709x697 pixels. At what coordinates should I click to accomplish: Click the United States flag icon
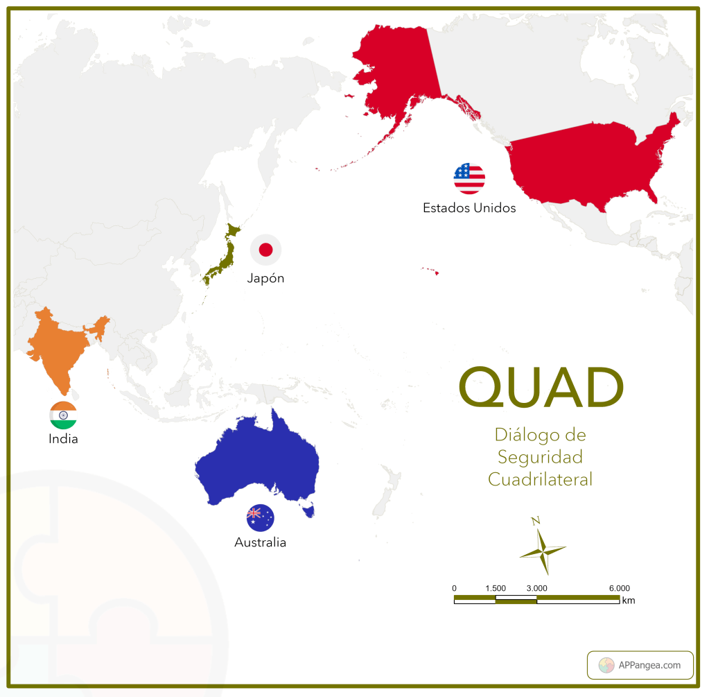(469, 179)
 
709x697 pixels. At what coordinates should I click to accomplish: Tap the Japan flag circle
(265, 250)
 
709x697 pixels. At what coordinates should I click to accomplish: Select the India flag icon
(63, 415)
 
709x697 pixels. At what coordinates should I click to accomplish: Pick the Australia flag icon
(260, 517)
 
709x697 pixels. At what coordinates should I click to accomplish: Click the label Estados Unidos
(469, 207)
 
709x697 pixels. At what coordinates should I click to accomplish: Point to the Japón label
(265, 278)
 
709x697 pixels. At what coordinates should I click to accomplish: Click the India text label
(63, 439)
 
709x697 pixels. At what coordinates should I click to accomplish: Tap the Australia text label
(260, 542)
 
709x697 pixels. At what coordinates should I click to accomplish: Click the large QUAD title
(541, 388)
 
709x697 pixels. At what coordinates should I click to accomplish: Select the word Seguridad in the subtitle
(540, 457)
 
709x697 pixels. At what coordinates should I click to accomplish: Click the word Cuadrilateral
(540, 479)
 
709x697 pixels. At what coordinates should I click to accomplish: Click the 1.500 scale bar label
(496, 588)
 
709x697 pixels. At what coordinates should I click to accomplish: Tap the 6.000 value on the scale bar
(619, 588)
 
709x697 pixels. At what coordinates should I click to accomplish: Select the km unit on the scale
(628, 601)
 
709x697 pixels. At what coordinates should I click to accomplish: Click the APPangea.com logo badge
(640, 665)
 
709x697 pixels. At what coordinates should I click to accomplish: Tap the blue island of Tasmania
(310, 512)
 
